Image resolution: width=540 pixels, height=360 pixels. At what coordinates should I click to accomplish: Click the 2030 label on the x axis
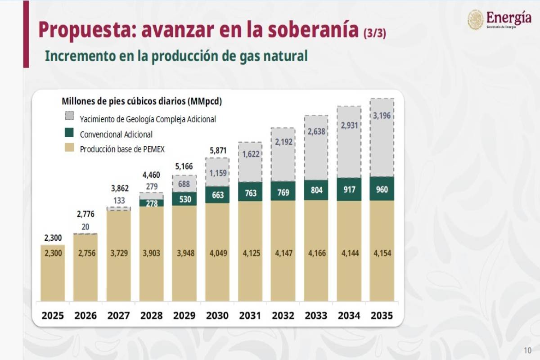pos(217,315)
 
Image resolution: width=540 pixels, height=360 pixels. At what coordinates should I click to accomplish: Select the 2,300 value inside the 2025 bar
pos(53,253)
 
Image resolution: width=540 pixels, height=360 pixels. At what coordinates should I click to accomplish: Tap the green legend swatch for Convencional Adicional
pos(69,133)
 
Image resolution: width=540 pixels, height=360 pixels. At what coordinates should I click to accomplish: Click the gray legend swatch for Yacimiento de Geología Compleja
pos(69,116)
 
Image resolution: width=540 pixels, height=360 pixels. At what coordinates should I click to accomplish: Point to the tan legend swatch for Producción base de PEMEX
pos(69,148)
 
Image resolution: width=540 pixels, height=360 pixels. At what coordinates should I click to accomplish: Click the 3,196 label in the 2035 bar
pos(382,116)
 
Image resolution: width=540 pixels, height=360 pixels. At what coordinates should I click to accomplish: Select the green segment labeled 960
pos(382,189)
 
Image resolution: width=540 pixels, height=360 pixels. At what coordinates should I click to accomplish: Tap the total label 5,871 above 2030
pos(217,151)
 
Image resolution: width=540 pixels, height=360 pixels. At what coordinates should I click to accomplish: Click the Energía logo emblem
pos(475,20)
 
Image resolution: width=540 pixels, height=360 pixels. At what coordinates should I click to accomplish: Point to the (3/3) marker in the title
pos(374,32)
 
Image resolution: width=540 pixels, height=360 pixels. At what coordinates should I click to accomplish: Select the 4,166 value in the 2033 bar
pos(316,253)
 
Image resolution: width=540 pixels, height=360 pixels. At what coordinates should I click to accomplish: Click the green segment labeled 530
pos(184,199)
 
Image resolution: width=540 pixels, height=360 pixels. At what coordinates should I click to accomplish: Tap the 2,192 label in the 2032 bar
pos(283,141)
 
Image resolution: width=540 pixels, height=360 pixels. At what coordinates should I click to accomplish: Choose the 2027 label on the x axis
pos(118,315)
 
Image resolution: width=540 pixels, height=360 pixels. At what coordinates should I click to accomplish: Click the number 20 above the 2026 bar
pos(85,227)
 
